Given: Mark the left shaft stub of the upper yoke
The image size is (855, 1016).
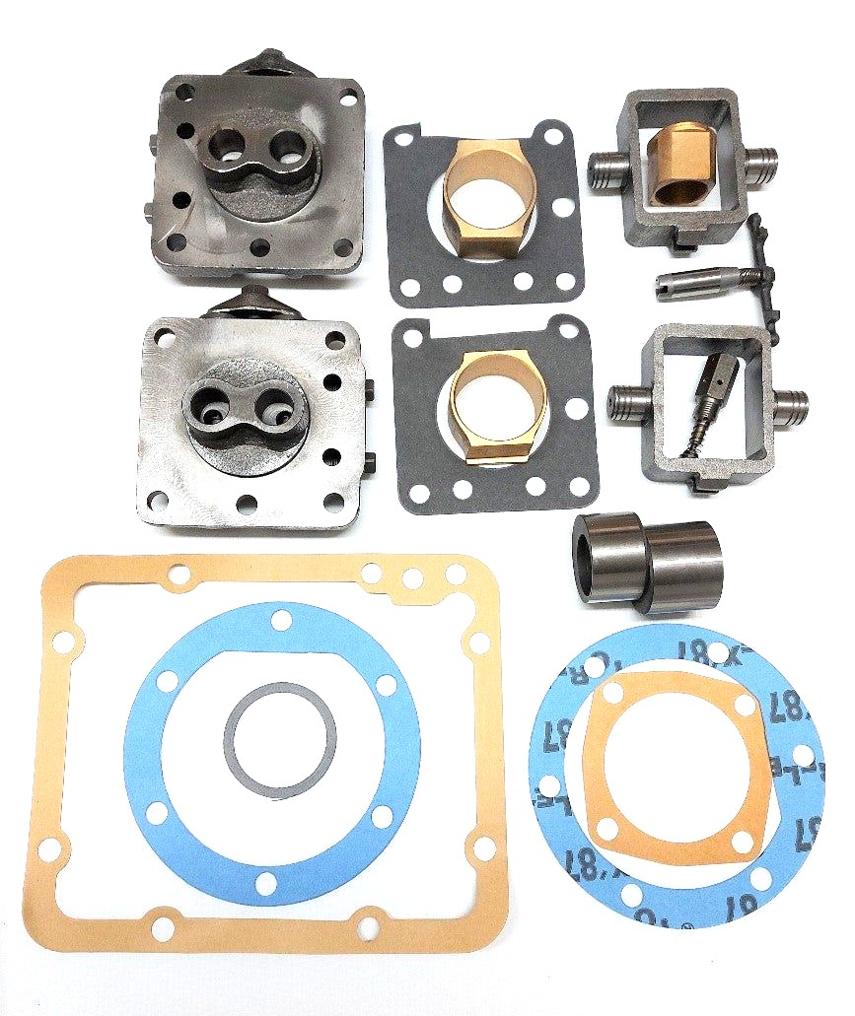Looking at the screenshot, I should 605,164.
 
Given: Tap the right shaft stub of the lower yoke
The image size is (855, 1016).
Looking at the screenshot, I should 790,402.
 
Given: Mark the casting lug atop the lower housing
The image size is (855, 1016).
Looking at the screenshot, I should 248,300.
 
